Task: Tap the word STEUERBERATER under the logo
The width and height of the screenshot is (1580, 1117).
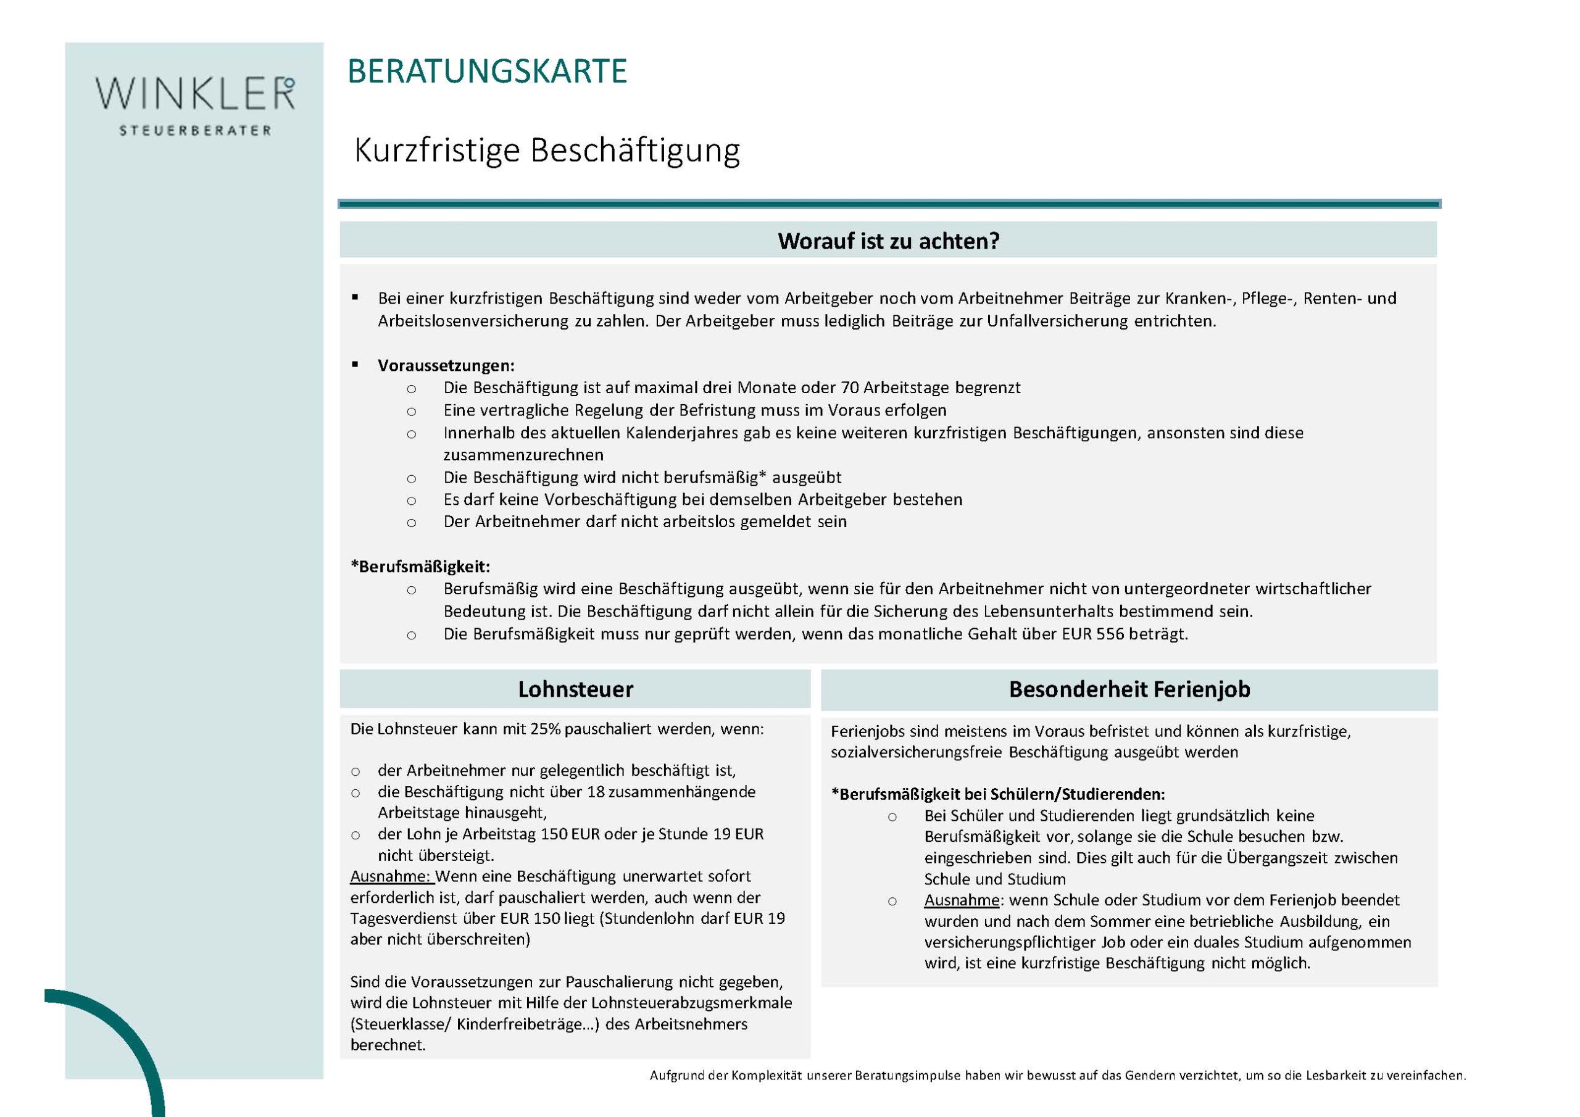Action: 196,131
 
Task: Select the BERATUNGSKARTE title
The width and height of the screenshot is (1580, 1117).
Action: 487,72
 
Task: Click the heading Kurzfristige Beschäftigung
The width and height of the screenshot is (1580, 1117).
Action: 546,151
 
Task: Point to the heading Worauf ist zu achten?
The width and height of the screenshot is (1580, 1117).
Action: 888,241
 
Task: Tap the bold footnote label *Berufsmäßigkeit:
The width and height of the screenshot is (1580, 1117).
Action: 420,567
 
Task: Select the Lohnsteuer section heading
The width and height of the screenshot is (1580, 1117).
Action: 575,689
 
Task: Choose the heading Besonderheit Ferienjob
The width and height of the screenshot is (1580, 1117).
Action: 1129,689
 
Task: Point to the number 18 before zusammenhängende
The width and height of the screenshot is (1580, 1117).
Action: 596,792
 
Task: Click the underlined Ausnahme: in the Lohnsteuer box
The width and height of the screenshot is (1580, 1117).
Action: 391,877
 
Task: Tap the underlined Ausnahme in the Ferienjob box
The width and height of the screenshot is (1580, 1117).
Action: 962,900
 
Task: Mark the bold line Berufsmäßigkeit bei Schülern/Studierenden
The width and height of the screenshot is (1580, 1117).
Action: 998,794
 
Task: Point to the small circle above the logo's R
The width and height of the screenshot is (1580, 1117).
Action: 289,83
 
